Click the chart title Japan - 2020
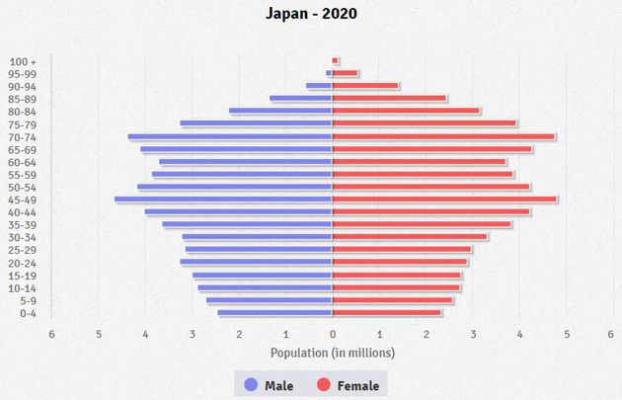[311, 14]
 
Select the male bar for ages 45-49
[223, 200]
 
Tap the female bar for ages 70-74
[443, 136]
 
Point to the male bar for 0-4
[275, 313]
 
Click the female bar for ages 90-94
[365, 86]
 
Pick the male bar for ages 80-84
[280, 111]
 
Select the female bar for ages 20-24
[400, 263]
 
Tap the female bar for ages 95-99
[345, 73]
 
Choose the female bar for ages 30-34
[410, 237]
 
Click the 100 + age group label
[24, 61]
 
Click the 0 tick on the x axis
[333, 334]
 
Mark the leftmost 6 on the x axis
[51, 334]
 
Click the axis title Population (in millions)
[333, 353]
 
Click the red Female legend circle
[324, 384]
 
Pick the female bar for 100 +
[335, 60]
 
